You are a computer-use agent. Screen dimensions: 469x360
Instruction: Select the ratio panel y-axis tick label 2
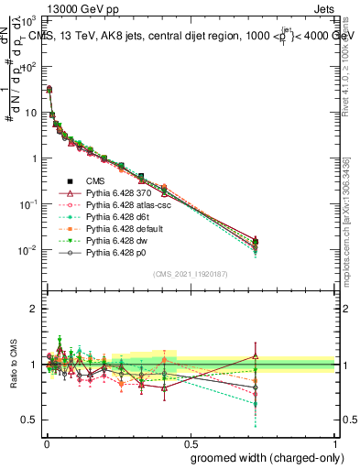click(x=32, y=309)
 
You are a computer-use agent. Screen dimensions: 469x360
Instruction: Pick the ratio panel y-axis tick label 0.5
click(x=27, y=420)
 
